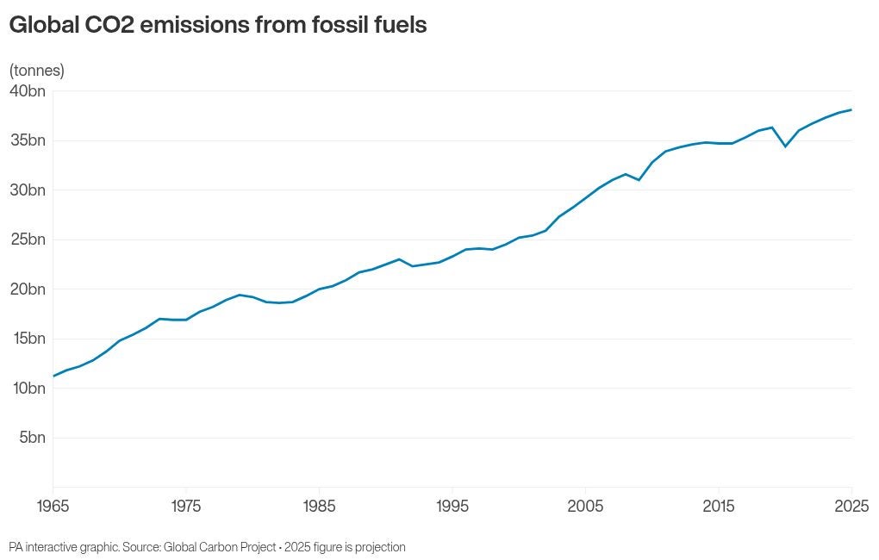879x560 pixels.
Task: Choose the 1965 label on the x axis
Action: [x=53, y=506]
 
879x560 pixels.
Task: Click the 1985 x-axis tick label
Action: [x=319, y=506]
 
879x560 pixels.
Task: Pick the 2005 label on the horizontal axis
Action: [x=585, y=506]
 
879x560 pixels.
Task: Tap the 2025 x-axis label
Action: [x=851, y=506]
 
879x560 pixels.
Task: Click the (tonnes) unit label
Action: [x=37, y=71]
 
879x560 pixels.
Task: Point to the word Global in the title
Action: [x=41, y=26]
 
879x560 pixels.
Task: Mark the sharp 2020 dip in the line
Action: [x=785, y=146]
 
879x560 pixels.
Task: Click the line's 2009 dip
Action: [x=639, y=179]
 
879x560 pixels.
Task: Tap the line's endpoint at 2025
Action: [x=851, y=109]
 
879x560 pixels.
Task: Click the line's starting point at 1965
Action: [x=53, y=376]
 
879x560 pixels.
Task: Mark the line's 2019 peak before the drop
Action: [x=772, y=128]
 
